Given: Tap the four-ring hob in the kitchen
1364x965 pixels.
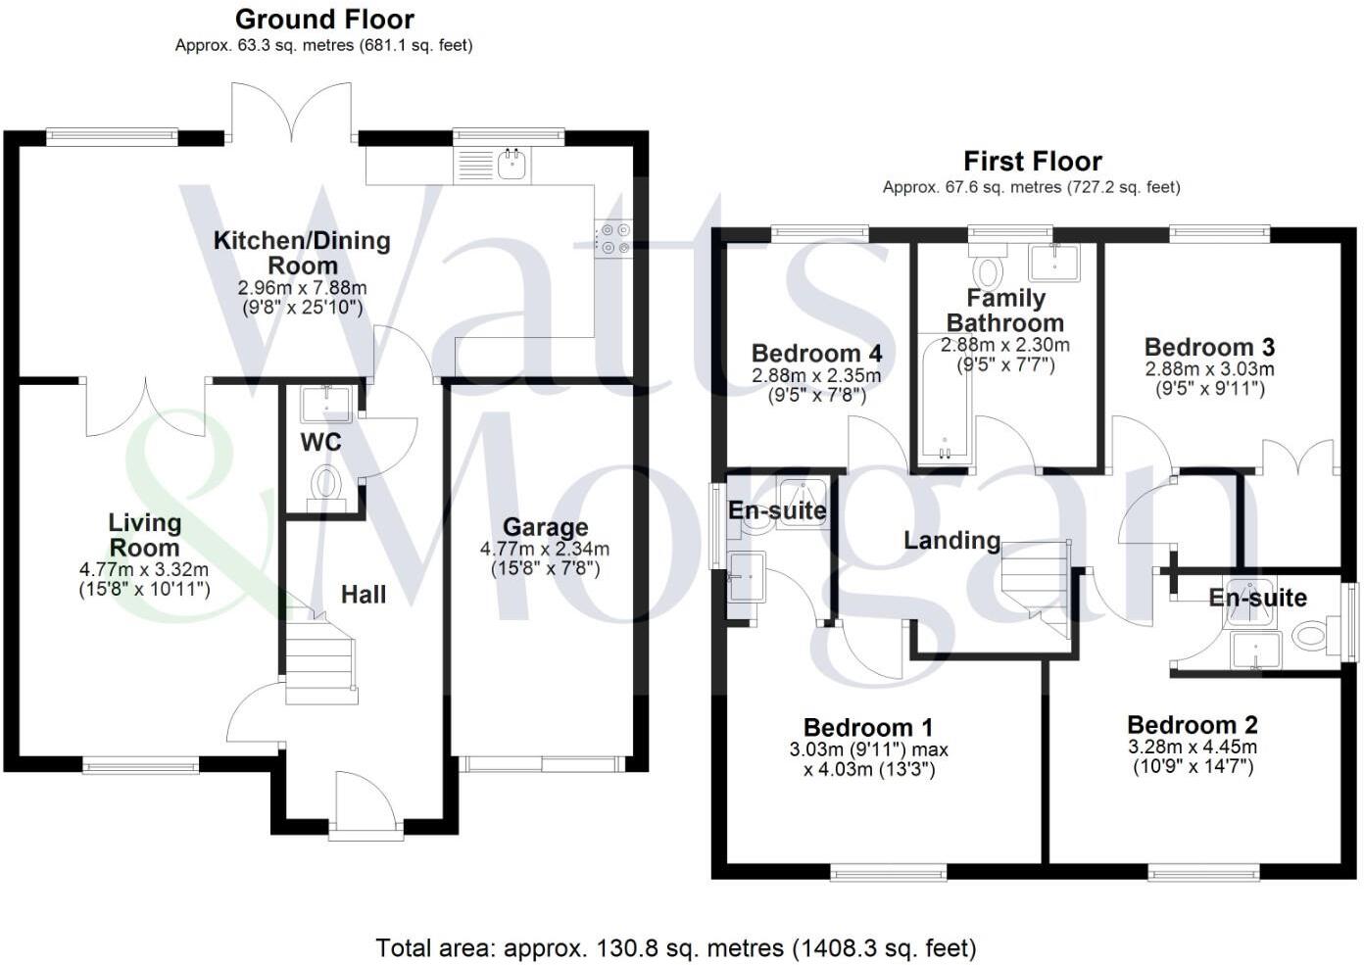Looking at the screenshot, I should (x=613, y=238).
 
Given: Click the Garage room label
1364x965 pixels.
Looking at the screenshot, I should (x=545, y=527).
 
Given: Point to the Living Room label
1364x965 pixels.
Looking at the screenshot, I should (x=144, y=535).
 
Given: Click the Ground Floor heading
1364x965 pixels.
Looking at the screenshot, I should (x=324, y=19).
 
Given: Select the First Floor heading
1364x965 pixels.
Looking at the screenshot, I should (x=1032, y=161).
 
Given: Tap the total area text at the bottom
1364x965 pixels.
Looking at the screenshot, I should (x=676, y=947).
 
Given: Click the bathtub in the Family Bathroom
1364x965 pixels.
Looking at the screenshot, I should (x=944, y=402).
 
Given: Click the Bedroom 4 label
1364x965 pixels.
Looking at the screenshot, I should (x=816, y=353).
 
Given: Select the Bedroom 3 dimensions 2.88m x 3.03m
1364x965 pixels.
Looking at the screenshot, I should (x=1209, y=369).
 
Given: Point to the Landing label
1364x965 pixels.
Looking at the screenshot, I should (x=951, y=540).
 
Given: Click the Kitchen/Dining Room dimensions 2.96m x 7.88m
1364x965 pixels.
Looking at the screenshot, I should (x=302, y=288).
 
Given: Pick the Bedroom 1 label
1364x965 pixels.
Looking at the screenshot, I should (x=867, y=727).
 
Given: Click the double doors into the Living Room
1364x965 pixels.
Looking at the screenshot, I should (x=147, y=407).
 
